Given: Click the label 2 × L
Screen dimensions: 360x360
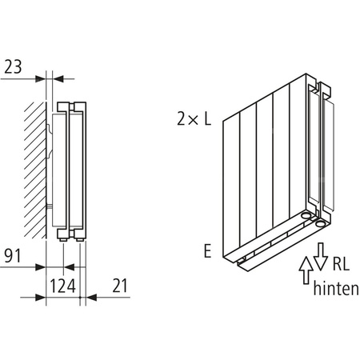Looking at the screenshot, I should point(194,120).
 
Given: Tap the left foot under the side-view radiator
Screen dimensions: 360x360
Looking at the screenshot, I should point(63,238).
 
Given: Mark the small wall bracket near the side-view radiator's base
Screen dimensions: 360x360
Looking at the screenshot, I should point(50,210).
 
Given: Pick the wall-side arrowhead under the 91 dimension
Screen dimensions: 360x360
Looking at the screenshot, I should point(38,269).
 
